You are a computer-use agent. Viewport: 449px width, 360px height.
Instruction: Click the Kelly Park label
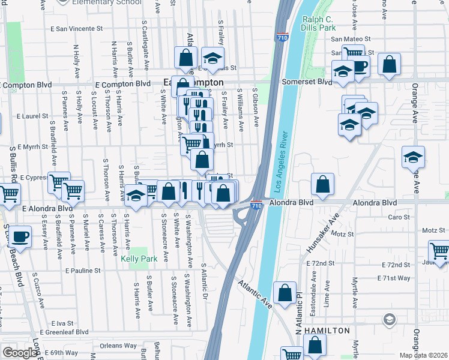134,259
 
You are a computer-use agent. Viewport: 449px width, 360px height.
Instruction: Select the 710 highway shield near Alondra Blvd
256,205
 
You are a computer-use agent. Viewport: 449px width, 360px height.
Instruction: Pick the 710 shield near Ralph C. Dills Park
282,38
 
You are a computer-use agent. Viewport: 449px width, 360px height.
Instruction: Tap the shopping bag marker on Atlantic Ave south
285,292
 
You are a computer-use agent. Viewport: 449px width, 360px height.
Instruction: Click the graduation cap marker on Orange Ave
413,157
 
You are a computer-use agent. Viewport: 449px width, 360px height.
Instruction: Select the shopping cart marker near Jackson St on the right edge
439,250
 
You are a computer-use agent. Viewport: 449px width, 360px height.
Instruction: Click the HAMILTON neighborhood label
327,331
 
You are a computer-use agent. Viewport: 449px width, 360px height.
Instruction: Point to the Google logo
19,352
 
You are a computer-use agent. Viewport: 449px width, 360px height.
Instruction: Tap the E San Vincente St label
77,28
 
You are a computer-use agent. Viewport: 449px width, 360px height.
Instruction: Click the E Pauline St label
83,271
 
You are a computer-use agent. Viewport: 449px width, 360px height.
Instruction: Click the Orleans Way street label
118,346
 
